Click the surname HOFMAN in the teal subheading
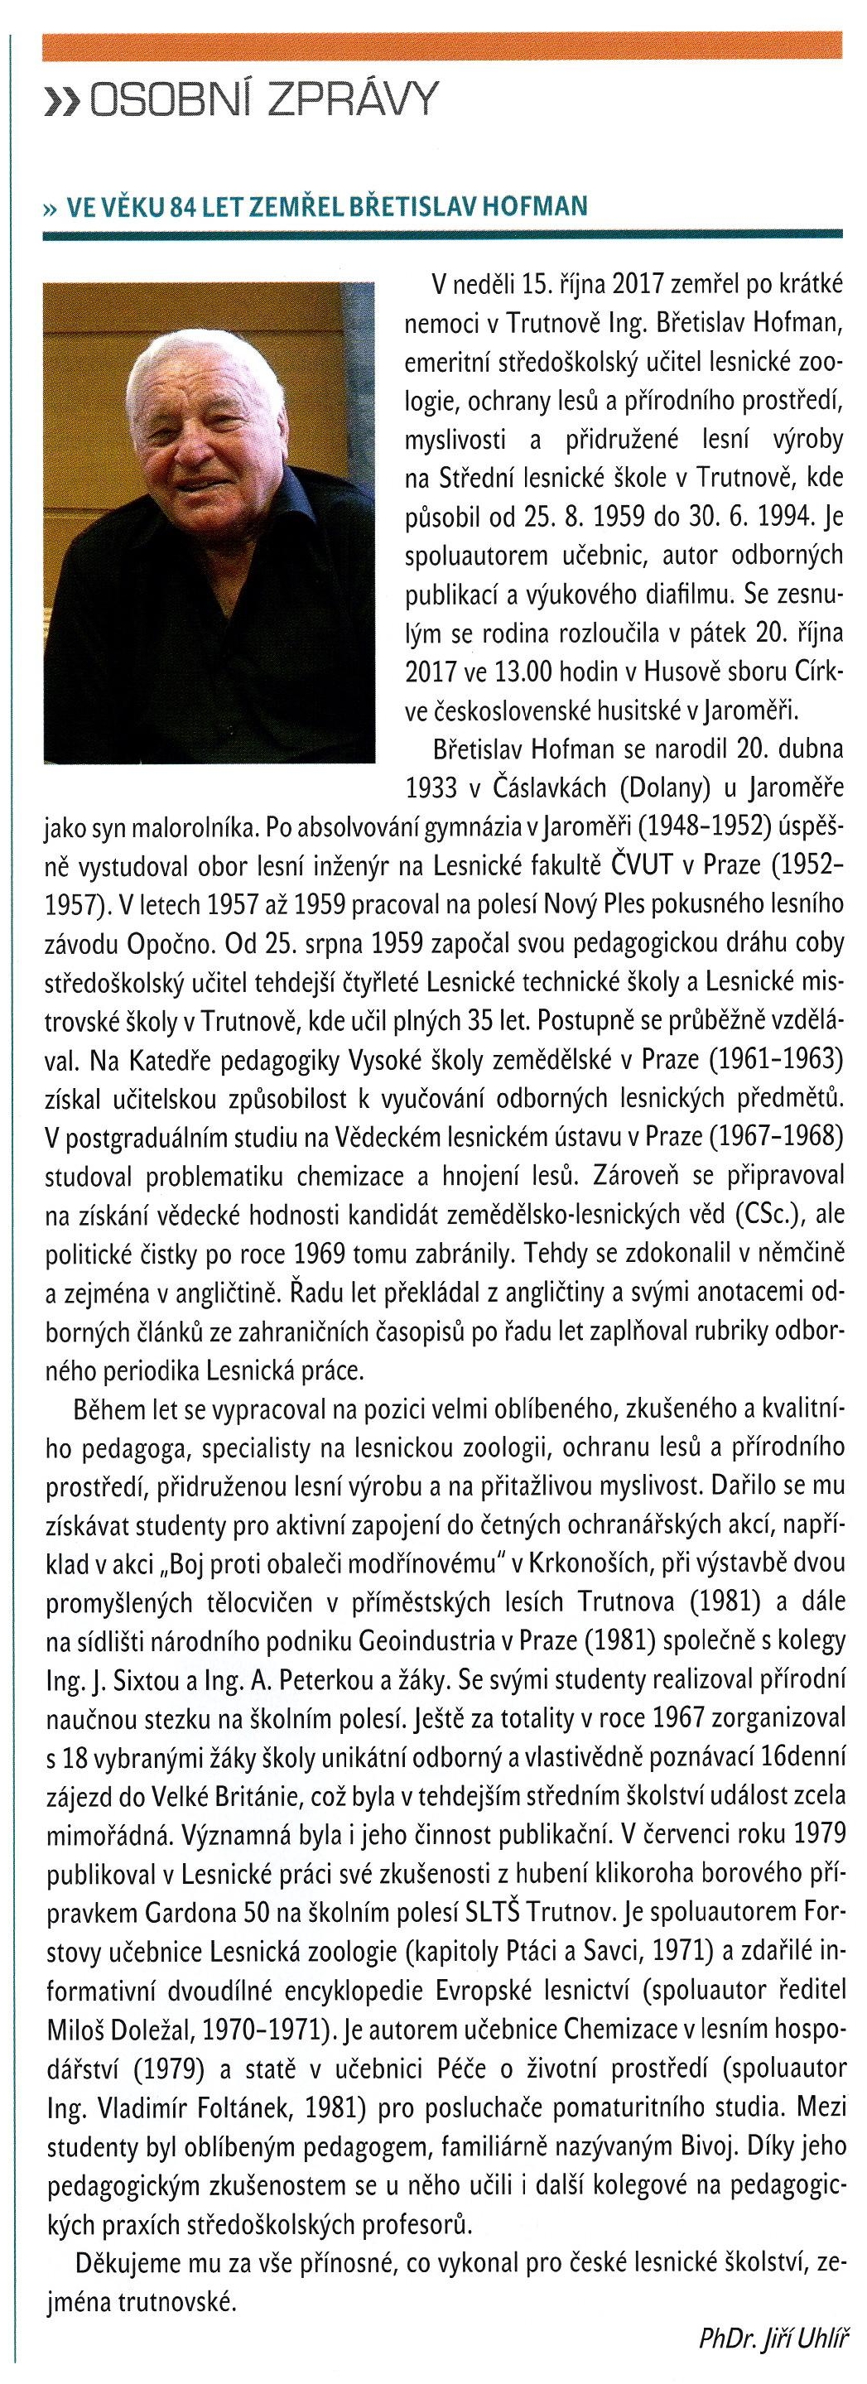pos(538,205)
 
